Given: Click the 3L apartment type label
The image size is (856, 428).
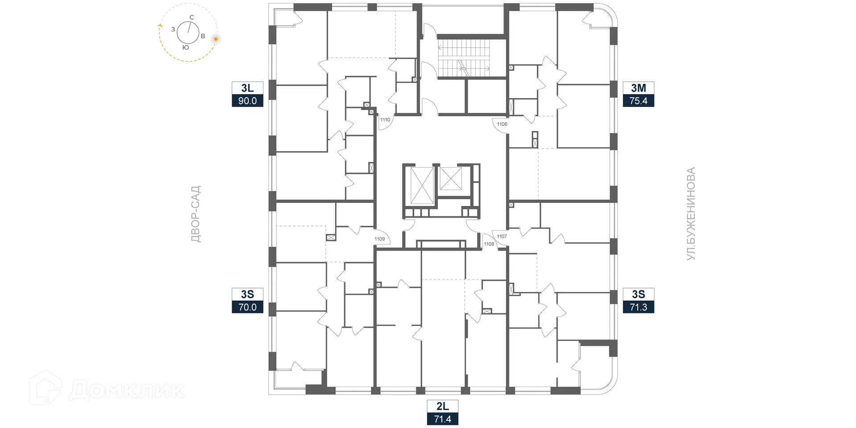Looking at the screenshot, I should pyautogui.click(x=247, y=88).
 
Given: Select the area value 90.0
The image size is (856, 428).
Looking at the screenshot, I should pyautogui.click(x=247, y=101).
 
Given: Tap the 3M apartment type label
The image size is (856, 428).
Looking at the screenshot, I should pyautogui.click(x=638, y=88).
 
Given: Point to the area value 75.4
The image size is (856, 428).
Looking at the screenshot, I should pyautogui.click(x=638, y=101).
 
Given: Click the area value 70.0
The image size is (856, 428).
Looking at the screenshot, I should pyautogui.click(x=247, y=307).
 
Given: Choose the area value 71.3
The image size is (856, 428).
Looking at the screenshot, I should pyautogui.click(x=638, y=307).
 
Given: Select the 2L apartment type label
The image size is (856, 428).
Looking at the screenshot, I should pyautogui.click(x=442, y=406).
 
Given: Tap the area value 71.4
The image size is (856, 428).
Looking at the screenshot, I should pyautogui.click(x=442, y=419).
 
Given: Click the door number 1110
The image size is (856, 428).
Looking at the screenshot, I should pyautogui.click(x=385, y=119).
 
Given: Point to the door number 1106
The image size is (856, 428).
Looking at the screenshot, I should pyautogui.click(x=502, y=124).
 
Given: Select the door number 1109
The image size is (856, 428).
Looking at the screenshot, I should pyautogui.click(x=379, y=239).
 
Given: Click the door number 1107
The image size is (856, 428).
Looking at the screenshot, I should pyautogui.click(x=502, y=236).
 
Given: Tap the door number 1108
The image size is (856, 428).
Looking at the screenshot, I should pyautogui.click(x=489, y=244).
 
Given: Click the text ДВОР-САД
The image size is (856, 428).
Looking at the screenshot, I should pyautogui.click(x=196, y=214).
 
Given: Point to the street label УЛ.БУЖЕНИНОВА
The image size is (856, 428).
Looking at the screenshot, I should pyautogui.click(x=691, y=214).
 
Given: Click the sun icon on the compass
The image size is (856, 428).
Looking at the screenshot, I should pyautogui.click(x=216, y=39).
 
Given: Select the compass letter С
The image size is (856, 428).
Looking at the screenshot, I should pyautogui.click(x=192, y=17).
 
